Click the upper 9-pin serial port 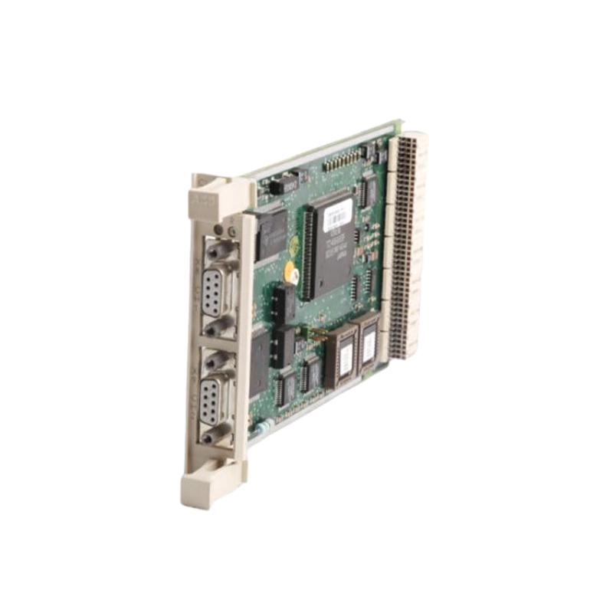(x=211, y=290)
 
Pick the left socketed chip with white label (x=342, y=355)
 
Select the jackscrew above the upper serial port (x=215, y=251)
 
